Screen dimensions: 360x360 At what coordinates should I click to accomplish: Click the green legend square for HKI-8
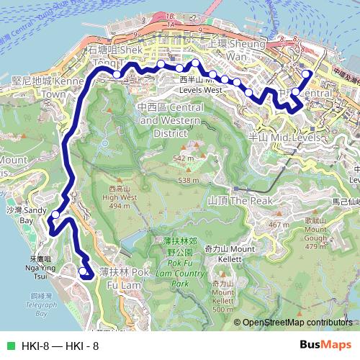click(9, 346)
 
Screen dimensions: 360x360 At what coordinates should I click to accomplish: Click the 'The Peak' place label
click(228, 200)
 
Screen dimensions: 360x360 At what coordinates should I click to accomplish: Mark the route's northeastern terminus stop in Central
click(307, 73)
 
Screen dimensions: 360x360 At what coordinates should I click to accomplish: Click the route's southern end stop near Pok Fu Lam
click(83, 271)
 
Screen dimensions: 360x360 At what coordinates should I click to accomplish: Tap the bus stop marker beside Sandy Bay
click(55, 213)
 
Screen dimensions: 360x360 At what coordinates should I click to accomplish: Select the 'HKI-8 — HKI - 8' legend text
click(60, 346)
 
